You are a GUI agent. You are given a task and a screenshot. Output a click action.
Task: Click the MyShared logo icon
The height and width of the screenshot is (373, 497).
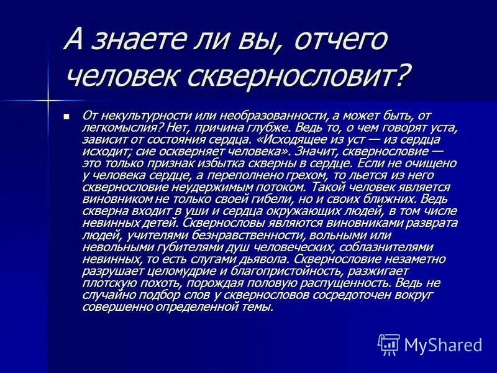coord(389,344)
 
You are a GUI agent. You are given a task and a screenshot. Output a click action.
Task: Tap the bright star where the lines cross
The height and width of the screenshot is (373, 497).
coord(47,99)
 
